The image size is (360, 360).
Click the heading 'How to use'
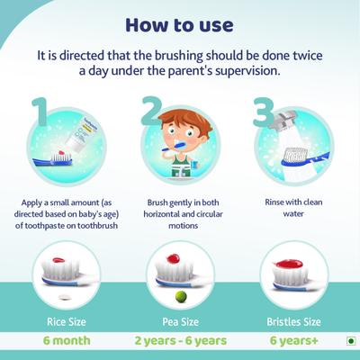click(x=180, y=22)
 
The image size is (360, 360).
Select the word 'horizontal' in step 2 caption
click(x=157, y=215)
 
